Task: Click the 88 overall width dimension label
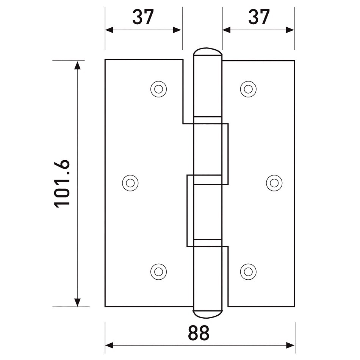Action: pyautogui.click(x=199, y=333)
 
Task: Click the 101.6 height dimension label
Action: pyautogui.click(x=62, y=183)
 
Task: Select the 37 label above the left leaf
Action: pyautogui.click(x=143, y=17)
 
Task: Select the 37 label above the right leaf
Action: pyautogui.click(x=259, y=17)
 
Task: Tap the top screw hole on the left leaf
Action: pyautogui.click(x=159, y=89)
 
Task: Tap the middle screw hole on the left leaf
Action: pyautogui.click(x=130, y=183)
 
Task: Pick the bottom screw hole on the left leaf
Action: pyautogui.click(x=159, y=272)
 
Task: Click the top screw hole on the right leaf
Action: pyautogui.click(x=248, y=89)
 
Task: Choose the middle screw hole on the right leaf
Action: pyautogui.click(x=274, y=183)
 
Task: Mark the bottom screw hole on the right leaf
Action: pyautogui.click(x=248, y=272)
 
